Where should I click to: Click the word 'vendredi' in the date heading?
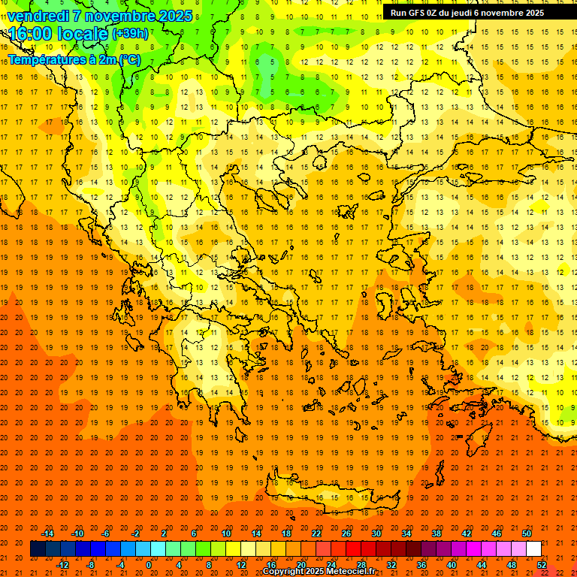(38, 16)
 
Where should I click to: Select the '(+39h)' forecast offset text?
(130, 33)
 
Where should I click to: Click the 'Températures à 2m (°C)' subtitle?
(74, 59)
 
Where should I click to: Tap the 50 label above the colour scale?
(527, 533)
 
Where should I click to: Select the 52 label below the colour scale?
(542, 565)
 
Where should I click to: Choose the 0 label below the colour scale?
(148, 565)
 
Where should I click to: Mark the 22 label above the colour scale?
(316, 533)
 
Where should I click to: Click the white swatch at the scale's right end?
(533, 549)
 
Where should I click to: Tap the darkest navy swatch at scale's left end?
(38, 549)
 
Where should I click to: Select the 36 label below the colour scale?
(421, 565)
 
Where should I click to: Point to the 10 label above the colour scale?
(226, 533)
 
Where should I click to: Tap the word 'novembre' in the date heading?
(120, 16)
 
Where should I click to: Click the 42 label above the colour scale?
(467, 533)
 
